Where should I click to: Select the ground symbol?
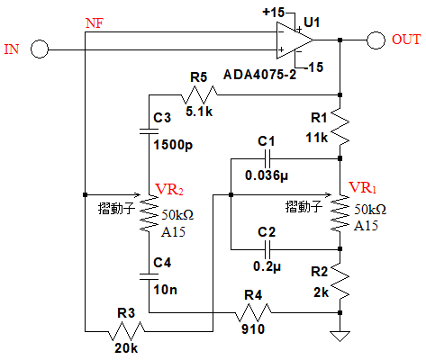(340, 336)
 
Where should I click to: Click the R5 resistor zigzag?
(199, 94)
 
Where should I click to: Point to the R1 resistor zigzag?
(340, 127)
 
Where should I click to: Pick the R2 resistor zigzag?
(340, 280)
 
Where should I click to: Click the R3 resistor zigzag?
(126, 331)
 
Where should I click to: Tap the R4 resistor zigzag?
(253, 312)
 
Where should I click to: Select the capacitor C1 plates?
(267, 158)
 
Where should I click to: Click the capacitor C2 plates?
(267, 249)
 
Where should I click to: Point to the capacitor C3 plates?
(149, 130)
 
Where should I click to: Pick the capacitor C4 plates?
(149, 276)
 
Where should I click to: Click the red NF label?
(95, 23)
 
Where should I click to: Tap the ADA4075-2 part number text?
(260, 75)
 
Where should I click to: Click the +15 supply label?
(274, 13)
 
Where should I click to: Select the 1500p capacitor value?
(173, 145)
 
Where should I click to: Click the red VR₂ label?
(169, 189)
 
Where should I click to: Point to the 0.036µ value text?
(267, 175)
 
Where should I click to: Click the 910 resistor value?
(253, 329)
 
